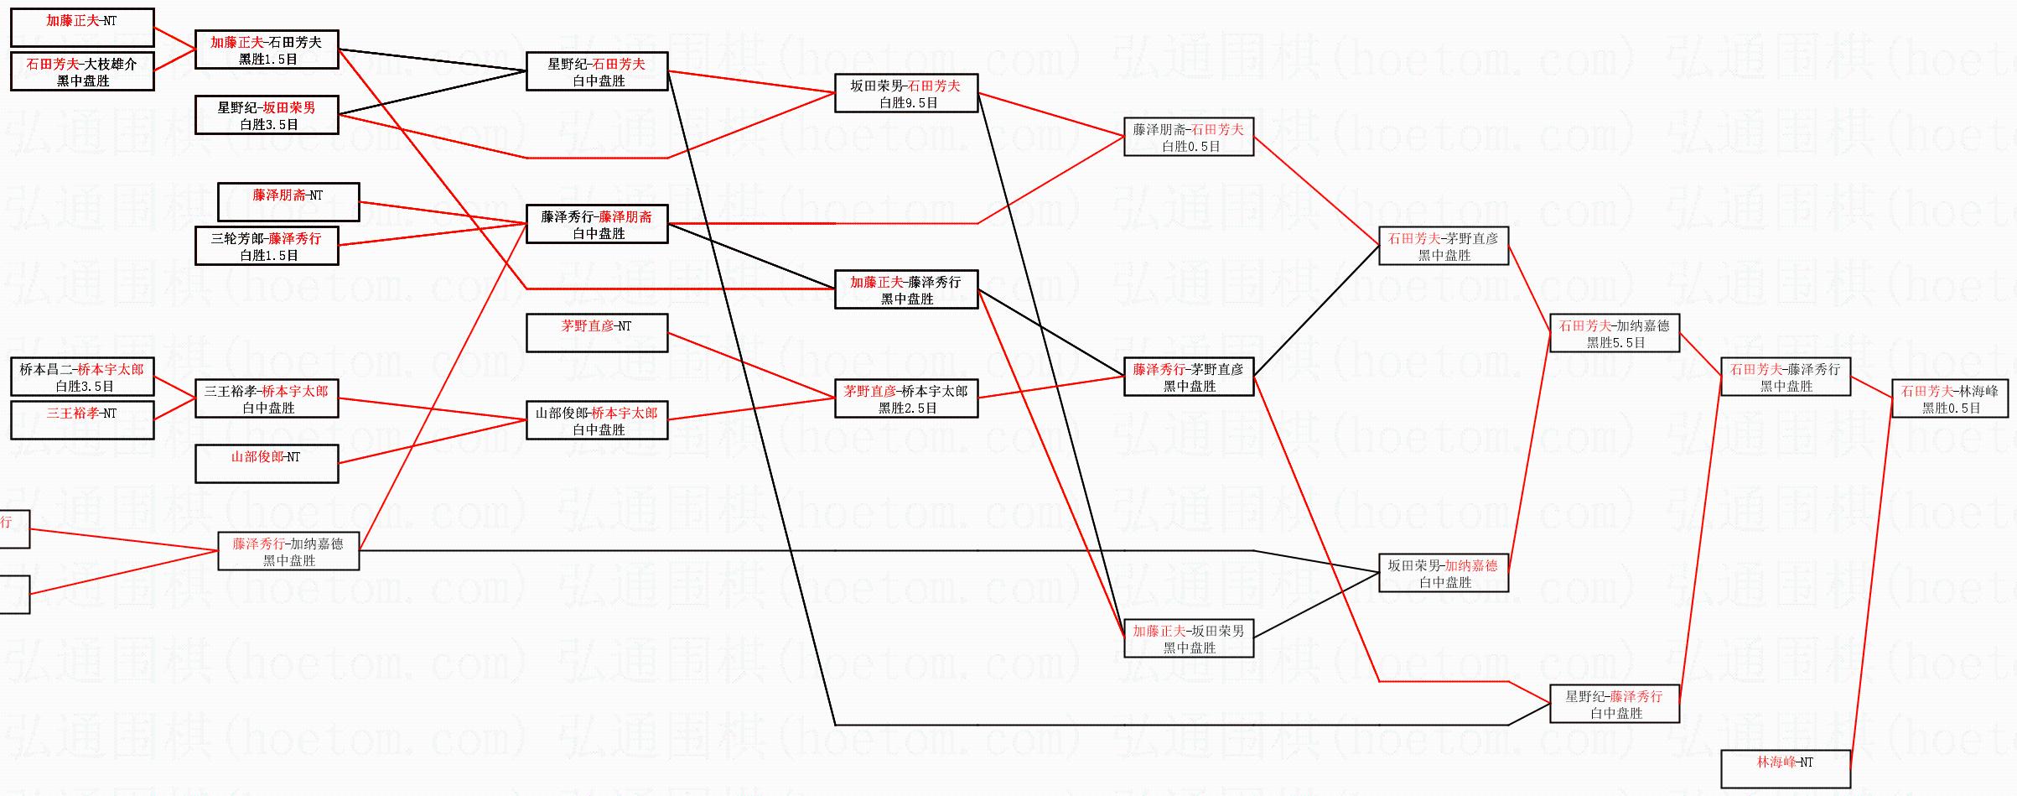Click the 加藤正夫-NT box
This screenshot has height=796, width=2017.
[x=82, y=28]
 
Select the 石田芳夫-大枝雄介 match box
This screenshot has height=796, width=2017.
[x=82, y=71]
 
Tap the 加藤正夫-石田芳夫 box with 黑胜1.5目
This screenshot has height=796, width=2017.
[x=267, y=49]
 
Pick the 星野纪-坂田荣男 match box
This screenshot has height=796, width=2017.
[x=267, y=115]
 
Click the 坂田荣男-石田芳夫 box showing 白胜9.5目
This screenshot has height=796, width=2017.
[x=906, y=93]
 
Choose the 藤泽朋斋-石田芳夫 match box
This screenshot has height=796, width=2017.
[x=1189, y=137]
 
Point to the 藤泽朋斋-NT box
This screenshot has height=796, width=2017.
[x=288, y=202]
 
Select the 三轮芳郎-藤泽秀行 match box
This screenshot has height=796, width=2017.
[x=267, y=246]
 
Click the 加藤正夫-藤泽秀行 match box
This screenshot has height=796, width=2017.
[x=906, y=289]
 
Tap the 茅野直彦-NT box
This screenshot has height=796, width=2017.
[x=597, y=333]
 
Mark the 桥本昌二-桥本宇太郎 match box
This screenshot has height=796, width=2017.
[x=82, y=377]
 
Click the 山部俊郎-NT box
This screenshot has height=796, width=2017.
[x=267, y=464]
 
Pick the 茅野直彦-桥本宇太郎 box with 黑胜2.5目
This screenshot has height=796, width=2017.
[x=906, y=398]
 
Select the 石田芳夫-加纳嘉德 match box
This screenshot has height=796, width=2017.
[x=1615, y=333]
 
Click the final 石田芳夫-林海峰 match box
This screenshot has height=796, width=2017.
[x=1950, y=398]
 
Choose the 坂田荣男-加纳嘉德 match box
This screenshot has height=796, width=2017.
[x=1444, y=573]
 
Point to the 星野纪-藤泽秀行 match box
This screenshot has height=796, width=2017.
[x=1615, y=704]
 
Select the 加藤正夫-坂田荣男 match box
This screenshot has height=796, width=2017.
[x=1189, y=638]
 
